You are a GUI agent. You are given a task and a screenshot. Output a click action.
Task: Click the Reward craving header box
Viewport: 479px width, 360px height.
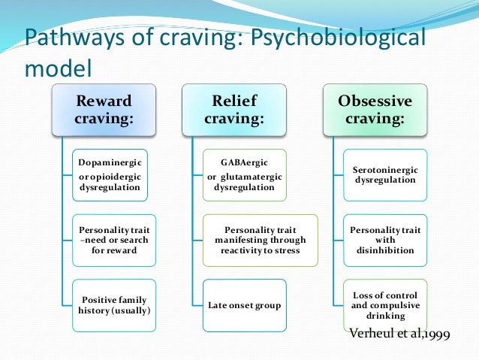(103, 110)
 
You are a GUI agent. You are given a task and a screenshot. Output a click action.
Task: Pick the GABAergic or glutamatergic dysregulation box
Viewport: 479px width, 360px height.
(244, 174)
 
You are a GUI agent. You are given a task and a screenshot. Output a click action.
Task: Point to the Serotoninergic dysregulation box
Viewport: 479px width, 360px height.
(375, 174)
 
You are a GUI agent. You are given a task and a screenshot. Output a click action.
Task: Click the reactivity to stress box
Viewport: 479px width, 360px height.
(260, 240)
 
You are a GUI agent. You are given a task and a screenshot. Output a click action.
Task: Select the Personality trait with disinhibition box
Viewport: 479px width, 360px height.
(375, 240)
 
